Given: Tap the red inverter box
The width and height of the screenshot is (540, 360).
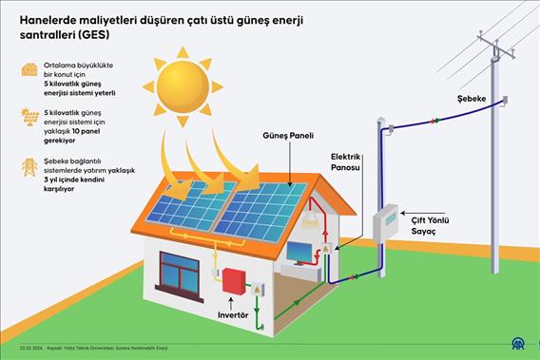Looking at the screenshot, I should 232,281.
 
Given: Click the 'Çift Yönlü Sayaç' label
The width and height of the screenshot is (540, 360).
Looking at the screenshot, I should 436,225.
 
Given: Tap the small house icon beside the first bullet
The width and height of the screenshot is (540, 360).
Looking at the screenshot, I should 29,69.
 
